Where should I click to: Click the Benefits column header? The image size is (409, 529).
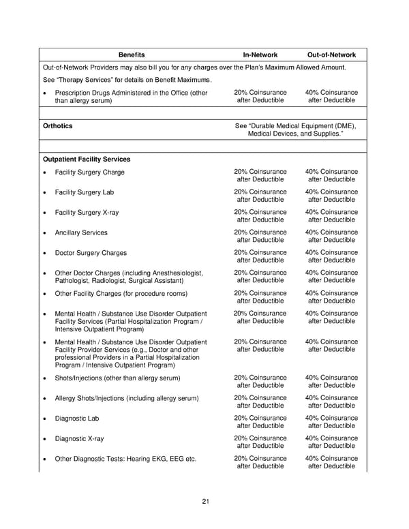(132, 55)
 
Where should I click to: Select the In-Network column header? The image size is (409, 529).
(260, 55)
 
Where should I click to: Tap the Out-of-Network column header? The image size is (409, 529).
(331, 55)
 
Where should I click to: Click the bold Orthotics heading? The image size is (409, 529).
(57, 126)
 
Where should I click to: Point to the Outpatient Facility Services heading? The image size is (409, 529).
(86, 160)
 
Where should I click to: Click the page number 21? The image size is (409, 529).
(205, 502)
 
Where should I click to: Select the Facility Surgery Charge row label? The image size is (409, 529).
(89, 172)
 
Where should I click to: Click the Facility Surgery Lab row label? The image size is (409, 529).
(84, 193)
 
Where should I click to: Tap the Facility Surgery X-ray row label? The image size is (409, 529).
(87, 213)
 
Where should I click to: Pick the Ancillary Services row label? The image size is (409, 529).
(80, 232)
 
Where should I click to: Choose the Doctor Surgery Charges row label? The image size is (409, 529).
(90, 253)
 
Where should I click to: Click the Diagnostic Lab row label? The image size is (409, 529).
(76, 419)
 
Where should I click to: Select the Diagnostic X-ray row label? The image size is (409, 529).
(79, 438)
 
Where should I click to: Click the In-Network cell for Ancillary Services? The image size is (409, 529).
(260, 236)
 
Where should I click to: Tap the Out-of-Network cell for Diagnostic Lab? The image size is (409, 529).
(331, 422)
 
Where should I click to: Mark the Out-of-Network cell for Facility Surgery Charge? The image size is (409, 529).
(331, 176)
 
